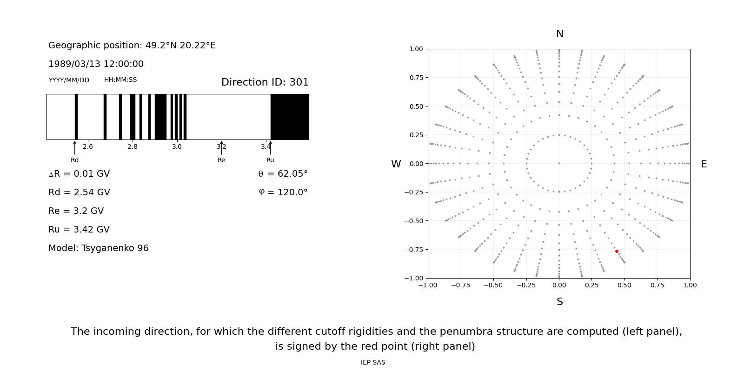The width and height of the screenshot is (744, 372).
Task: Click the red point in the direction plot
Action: pyautogui.click(x=617, y=251)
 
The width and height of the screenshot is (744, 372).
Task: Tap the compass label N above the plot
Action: pyautogui.click(x=559, y=34)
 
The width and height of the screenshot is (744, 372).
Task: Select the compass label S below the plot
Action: pyautogui.click(x=559, y=302)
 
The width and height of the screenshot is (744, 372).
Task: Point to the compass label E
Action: pyautogui.click(x=704, y=164)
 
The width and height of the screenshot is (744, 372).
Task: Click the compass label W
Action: pyautogui.click(x=396, y=164)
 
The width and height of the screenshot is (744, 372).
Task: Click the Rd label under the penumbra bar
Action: pyautogui.click(x=74, y=160)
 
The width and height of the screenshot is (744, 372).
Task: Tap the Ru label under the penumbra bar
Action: pyautogui.click(x=270, y=160)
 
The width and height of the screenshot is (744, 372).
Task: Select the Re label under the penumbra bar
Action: pyautogui.click(x=221, y=160)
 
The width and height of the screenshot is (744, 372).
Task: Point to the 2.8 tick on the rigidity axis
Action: pyautogui.click(x=133, y=146)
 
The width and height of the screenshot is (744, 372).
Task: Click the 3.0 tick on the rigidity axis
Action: pyautogui.click(x=177, y=146)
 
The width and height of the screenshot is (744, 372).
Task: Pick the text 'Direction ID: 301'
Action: pyautogui.click(x=265, y=82)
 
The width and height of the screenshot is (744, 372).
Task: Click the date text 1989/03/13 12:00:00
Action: pyautogui.click(x=96, y=64)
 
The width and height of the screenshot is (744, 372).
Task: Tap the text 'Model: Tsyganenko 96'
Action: pyautogui.click(x=99, y=248)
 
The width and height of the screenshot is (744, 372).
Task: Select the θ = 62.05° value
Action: pyautogui.click(x=283, y=174)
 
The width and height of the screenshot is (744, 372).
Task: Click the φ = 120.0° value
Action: pyautogui.click(x=283, y=193)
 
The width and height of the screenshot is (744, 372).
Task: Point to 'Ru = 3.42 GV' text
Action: pyautogui.click(x=79, y=230)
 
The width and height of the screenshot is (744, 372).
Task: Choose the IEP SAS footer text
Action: pyautogui.click(x=373, y=362)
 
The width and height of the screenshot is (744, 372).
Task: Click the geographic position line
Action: pyautogui.click(x=132, y=46)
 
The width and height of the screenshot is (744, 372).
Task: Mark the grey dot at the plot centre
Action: pyautogui.click(x=559, y=163)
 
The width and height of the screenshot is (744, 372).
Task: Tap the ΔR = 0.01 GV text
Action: pyautogui.click(x=79, y=174)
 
